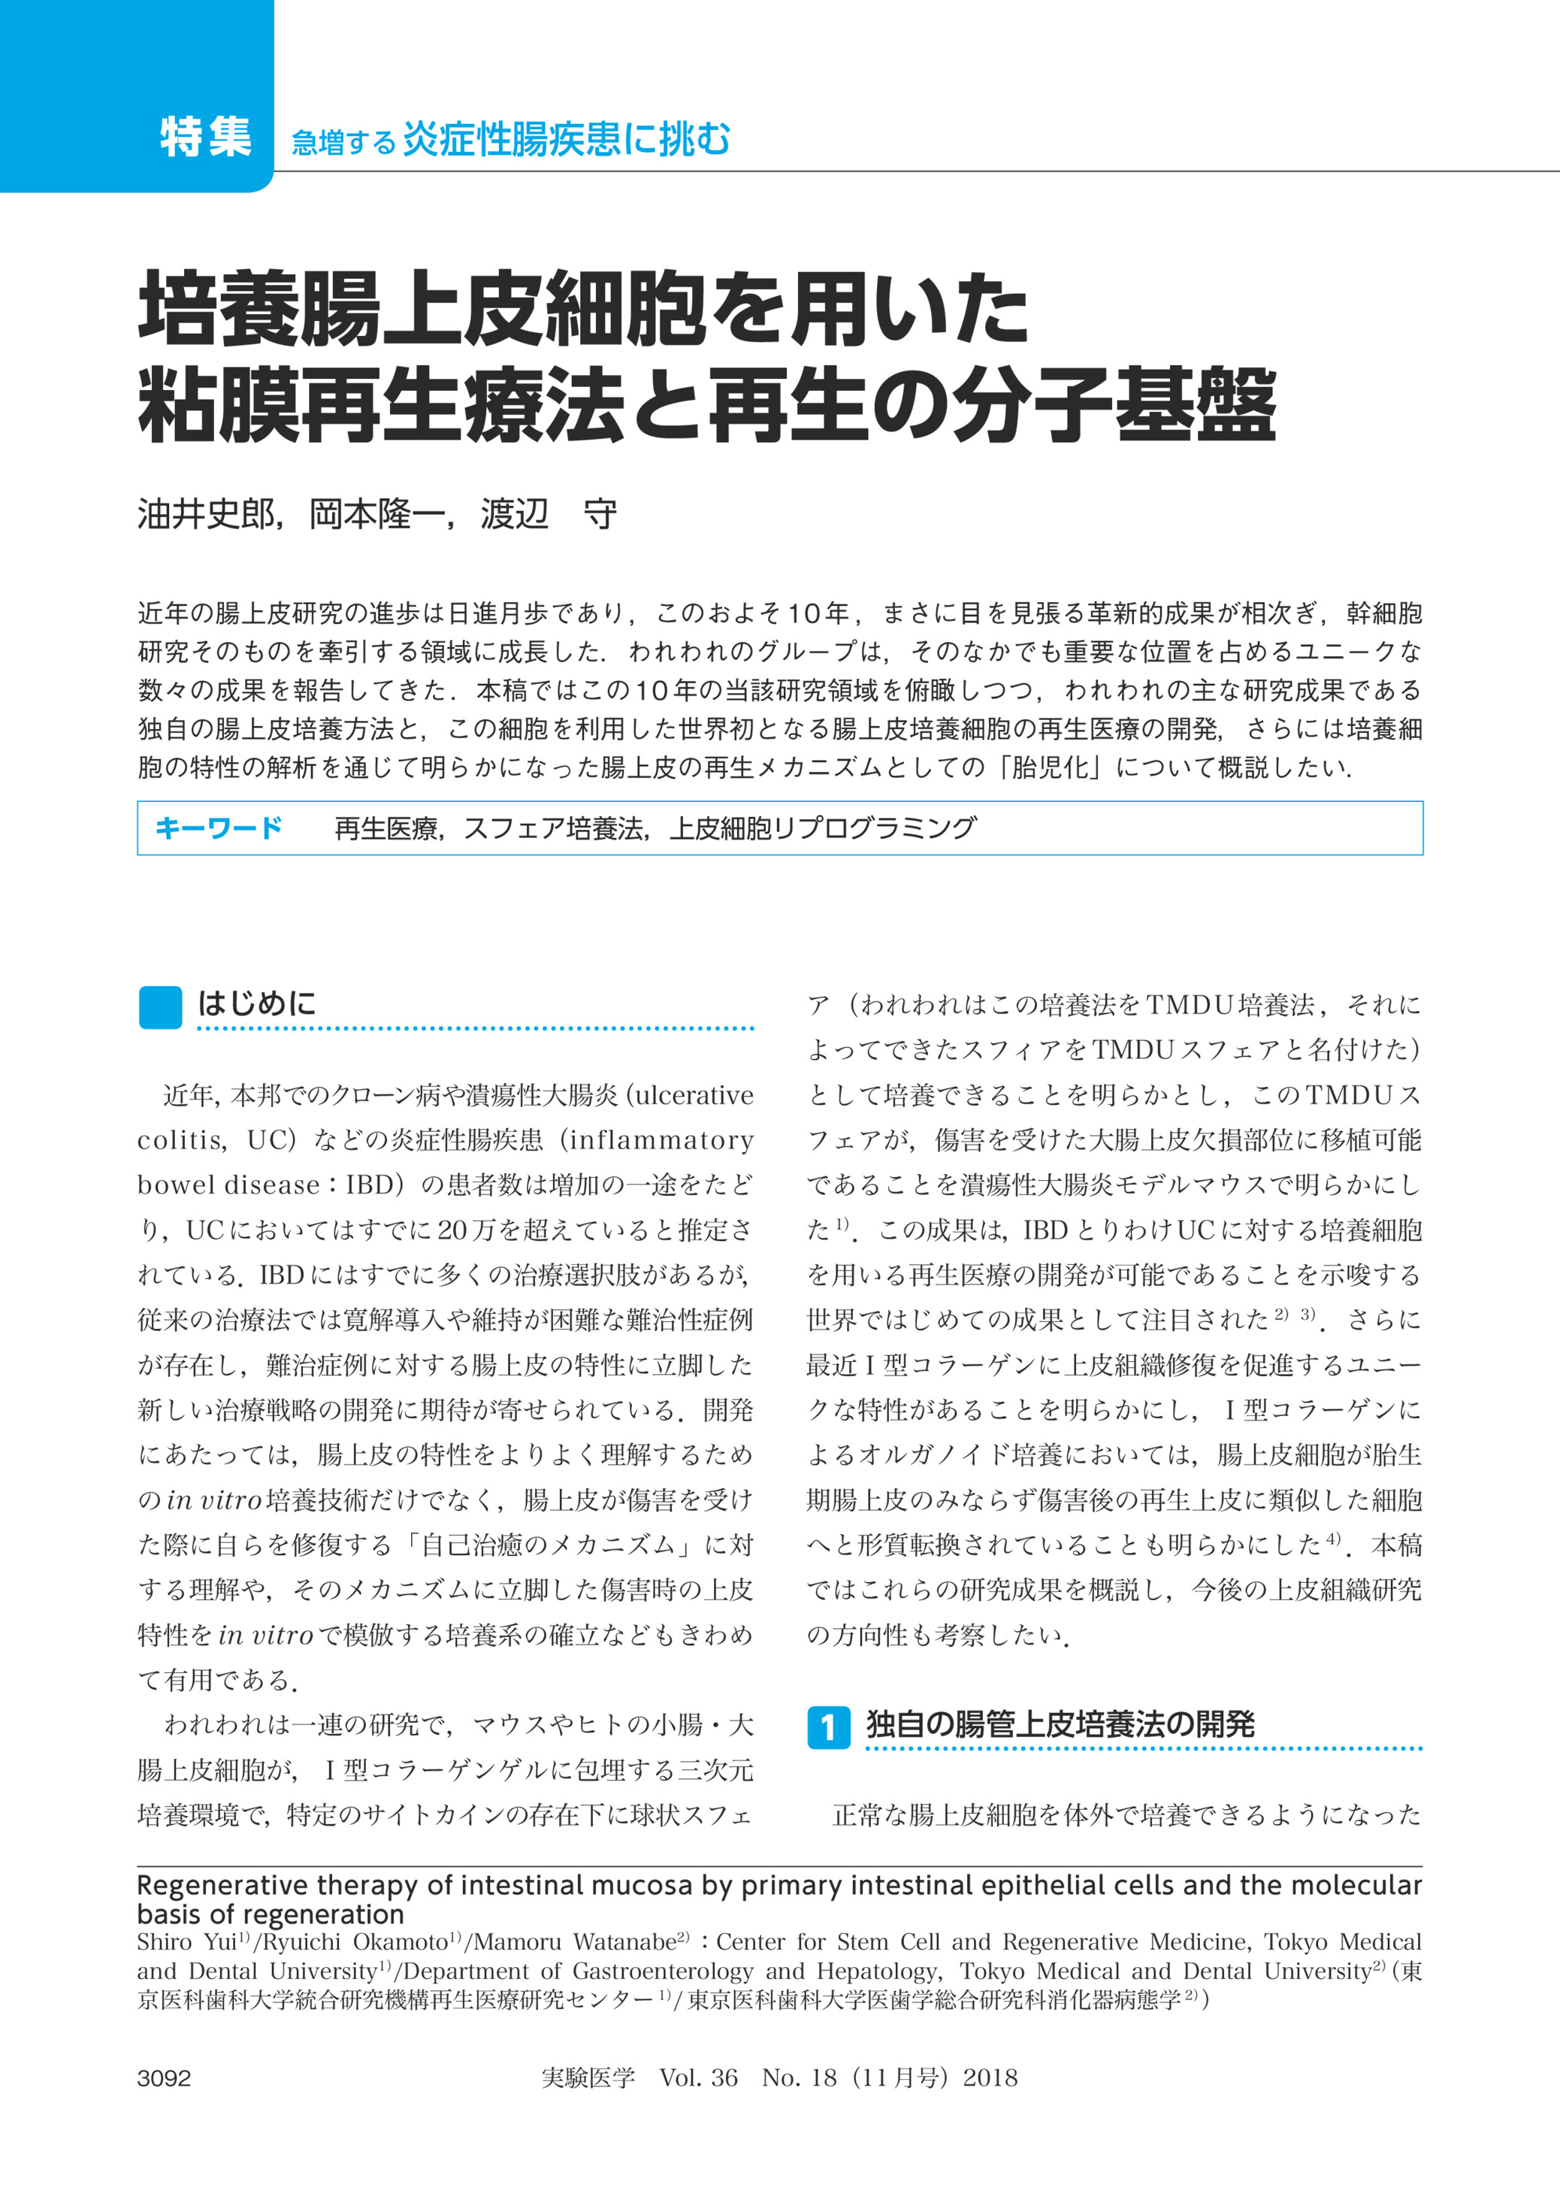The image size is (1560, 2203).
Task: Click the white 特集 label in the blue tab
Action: (206, 138)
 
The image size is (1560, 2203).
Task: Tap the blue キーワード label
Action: (218, 828)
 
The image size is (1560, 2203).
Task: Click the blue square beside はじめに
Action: (159, 1007)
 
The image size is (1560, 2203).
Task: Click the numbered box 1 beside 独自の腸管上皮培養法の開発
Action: (828, 1727)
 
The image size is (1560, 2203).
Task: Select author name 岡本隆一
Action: (376, 515)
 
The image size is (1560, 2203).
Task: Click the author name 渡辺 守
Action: (548, 515)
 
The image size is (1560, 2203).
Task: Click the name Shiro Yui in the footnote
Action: (186, 1941)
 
